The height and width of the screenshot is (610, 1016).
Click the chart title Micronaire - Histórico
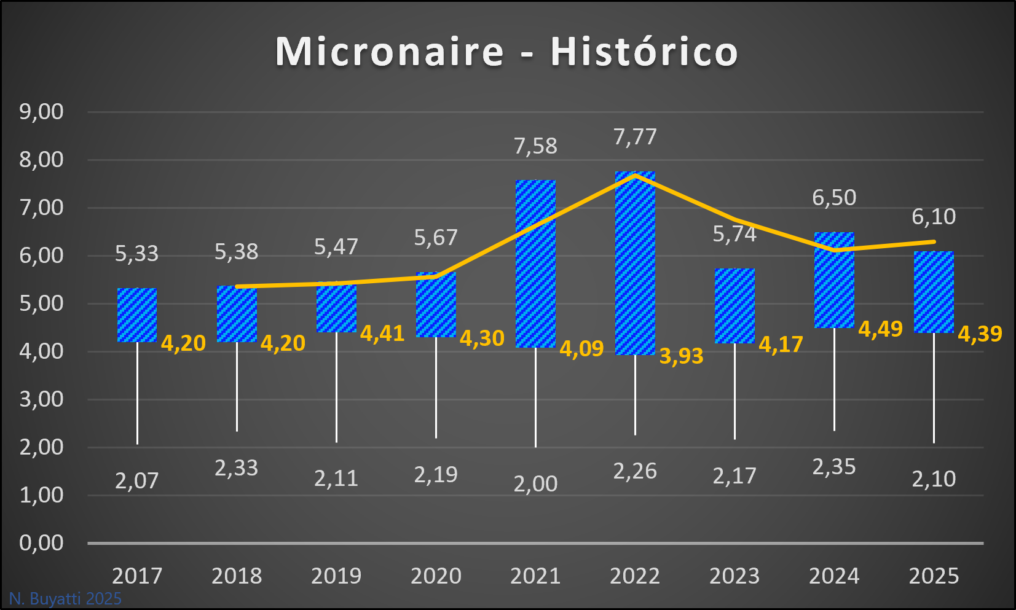(x=506, y=51)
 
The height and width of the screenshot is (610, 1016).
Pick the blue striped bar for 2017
(x=137, y=315)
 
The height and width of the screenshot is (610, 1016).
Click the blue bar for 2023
(x=734, y=306)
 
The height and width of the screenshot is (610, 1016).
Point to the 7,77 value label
(x=635, y=136)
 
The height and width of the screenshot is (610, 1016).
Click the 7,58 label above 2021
(x=535, y=146)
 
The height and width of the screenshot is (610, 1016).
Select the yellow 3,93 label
(x=681, y=356)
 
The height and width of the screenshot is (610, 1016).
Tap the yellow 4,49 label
(x=880, y=329)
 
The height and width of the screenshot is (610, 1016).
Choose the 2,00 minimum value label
(x=535, y=484)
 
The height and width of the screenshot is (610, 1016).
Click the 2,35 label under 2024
(x=834, y=467)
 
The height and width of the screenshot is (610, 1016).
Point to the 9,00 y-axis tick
(x=41, y=112)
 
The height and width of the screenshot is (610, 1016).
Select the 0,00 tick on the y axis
(x=41, y=543)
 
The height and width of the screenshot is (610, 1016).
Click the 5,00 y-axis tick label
(x=41, y=303)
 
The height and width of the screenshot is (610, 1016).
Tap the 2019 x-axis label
(x=336, y=576)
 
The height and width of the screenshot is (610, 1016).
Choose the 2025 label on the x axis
(x=934, y=576)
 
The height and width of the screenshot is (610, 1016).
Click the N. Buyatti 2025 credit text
(x=65, y=598)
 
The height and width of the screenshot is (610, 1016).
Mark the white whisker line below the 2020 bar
(x=436, y=387)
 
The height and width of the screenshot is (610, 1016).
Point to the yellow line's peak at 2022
(x=635, y=175)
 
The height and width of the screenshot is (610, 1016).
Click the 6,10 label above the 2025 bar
(x=934, y=217)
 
